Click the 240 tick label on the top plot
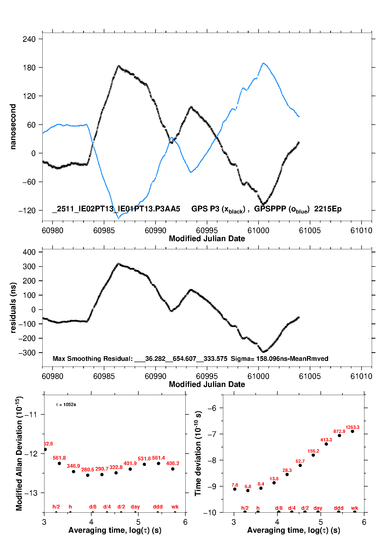[29, 39]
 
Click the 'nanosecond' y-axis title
[13, 127]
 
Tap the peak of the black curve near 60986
[118, 66]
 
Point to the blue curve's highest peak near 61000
[264, 63]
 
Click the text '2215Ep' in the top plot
[328, 209]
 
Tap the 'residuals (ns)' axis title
[13, 308]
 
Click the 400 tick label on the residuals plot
[29, 252]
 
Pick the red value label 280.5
[88, 470]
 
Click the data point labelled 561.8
[59, 463]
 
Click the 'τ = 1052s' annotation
[66, 405]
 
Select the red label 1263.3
[352, 427]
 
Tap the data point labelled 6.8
[248, 490]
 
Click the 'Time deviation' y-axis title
[198, 454]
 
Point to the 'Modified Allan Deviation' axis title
[19, 454]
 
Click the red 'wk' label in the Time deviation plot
[354, 508]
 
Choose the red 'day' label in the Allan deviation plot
[135, 507]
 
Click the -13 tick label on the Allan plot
[31, 493]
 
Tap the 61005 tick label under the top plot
[310, 231]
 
